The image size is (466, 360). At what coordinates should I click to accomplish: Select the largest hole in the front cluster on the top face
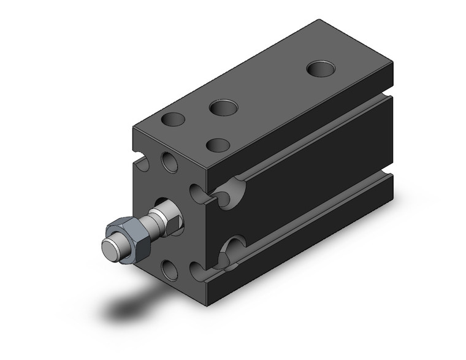coord(223,109)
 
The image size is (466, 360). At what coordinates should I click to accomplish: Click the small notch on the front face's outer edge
coord(143,164)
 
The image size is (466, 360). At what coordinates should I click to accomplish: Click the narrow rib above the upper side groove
coord(307,123)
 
